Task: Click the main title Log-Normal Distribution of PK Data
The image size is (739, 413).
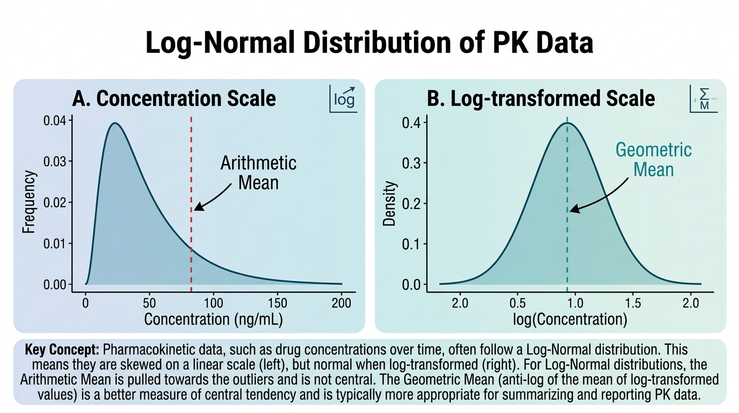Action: click(x=369, y=42)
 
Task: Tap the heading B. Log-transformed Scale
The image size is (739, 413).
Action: click(x=541, y=98)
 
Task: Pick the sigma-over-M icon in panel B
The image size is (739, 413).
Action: click(x=704, y=99)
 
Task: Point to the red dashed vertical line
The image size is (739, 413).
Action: click(x=191, y=161)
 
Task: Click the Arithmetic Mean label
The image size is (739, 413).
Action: click(x=258, y=172)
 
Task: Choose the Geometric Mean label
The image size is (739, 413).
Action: click(x=653, y=159)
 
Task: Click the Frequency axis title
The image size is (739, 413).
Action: click(x=29, y=202)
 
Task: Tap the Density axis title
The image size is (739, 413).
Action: click(x=390, y=203)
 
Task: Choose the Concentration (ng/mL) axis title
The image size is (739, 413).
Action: click(x=213, y=319)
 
